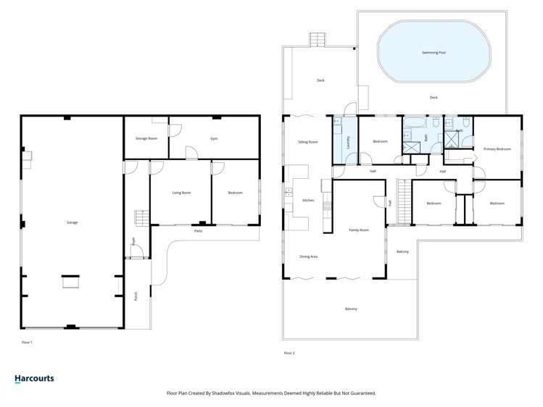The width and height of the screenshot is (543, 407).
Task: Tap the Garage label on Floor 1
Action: [x=71, y=222]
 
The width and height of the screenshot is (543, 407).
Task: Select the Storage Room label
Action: [x=146, y=138]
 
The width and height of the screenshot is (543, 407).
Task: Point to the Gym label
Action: [x=214, y=138]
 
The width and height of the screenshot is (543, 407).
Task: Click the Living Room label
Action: [x=181, y=193]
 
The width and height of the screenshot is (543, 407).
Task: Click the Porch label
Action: [x=135, y=296]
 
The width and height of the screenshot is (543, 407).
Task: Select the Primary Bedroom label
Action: [x=497, y=149]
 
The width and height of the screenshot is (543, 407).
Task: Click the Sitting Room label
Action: [x=308, y=142]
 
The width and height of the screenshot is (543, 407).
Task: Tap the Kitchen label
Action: [x=307, y=200]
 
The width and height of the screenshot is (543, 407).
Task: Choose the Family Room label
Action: [x=358, y=230]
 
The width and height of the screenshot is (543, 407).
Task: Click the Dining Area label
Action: [x=309, y=256]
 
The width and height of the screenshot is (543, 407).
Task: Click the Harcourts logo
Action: [x=34, y=378]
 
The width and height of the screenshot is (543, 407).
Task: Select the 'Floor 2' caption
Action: [x=289, y=353]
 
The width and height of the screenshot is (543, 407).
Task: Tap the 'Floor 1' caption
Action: [x=28, y=341]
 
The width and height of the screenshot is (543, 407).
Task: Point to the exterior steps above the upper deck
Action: [x=318, y=38]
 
